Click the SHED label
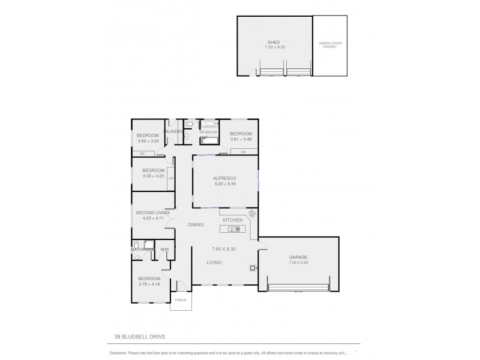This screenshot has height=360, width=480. [x=274, y=43]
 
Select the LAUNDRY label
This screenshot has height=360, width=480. [x=174, y=131]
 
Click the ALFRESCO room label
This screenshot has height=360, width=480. [x=224, y=179]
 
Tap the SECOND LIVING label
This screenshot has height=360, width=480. [x=152, y=212]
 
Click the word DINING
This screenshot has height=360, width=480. [x=196, y=225]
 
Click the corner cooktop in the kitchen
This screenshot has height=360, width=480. [x=251, y=214]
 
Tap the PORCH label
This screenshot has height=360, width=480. [x=181, y=300]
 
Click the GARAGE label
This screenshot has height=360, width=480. [x=298, y=257]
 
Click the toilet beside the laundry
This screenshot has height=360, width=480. [x=189, y=124]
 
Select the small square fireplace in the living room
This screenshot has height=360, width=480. [x=253, y=268]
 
